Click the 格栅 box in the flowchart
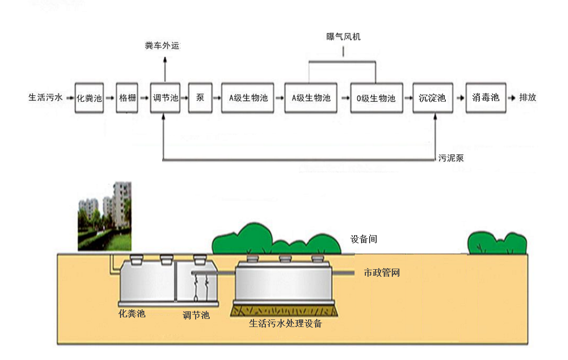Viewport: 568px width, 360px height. [128, 98]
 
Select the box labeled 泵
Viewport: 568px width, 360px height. [200, 98]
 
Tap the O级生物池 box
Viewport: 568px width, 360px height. [376, 98]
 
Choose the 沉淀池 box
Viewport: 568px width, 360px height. [432, 98]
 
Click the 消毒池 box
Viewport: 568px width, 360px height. [485, 98]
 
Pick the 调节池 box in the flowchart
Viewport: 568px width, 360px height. [165, 98]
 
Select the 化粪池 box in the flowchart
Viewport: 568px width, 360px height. [89, 98]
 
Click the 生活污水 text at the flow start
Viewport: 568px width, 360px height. [45, 98]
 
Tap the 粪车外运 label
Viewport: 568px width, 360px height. [162, 46]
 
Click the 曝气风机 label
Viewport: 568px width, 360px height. [343, 37]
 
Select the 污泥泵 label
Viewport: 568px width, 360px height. [451, 158]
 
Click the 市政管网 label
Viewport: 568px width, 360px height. [382, 273]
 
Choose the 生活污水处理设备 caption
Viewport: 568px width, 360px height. [285, 324]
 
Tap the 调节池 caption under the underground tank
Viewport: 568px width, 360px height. [196, 315]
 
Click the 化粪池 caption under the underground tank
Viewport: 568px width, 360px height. [132, 314]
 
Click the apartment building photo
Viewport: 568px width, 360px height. [104, 216]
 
